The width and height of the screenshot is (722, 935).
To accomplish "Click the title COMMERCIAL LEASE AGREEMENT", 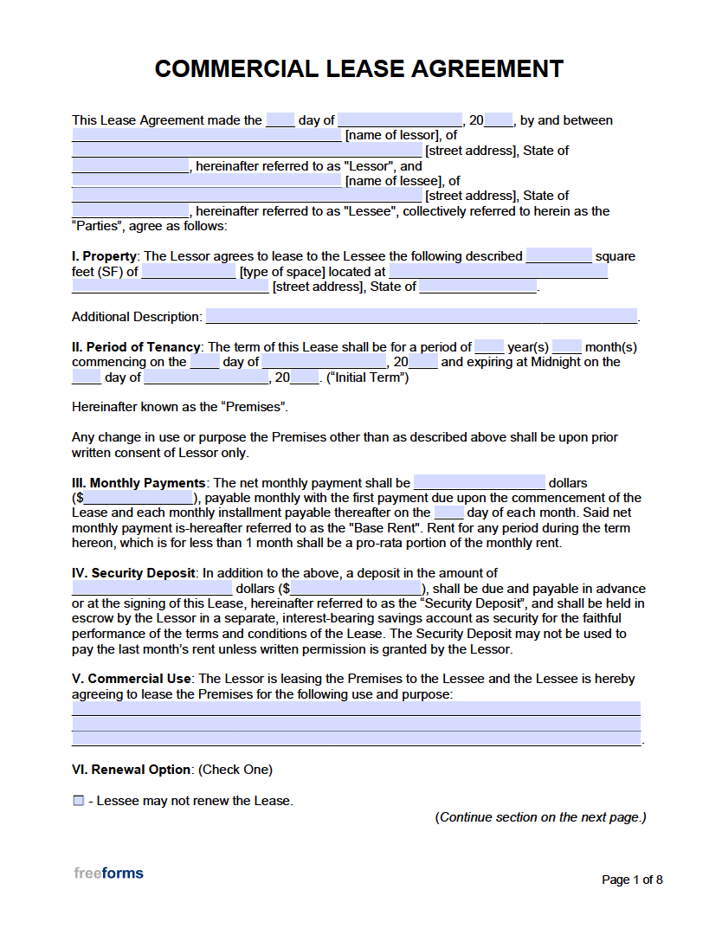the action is tap(359, 69).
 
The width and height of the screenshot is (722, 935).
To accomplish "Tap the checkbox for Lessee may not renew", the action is tap(79, 801).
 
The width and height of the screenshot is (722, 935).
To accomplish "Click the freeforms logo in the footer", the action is tap(108, 873).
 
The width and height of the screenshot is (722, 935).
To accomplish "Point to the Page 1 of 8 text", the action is tap(632, 880).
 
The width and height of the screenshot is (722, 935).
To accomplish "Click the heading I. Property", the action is tap(104, 256).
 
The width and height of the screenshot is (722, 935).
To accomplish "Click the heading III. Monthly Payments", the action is tap(139, 483).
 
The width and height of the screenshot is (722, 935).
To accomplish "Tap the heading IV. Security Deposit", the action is tap(134, 573).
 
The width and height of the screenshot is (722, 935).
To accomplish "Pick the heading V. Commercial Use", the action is tap(133, 680).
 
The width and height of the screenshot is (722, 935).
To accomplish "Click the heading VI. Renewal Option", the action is tap(131, 770).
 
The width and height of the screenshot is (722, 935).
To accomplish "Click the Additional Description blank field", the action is tap(421, 317).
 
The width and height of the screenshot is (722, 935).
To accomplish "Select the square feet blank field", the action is tap(558, 256).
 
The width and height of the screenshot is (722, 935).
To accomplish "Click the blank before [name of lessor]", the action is tap(206, 136).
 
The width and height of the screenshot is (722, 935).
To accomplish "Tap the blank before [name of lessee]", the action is tap(206, 181).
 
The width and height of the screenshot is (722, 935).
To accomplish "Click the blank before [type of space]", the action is tap(188, 272).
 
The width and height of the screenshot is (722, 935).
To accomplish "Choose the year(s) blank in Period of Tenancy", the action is tap(489, 347).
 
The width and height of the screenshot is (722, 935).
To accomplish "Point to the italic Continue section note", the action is tap(540, 817).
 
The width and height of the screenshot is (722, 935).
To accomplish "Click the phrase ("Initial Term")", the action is tap(368, 377).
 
